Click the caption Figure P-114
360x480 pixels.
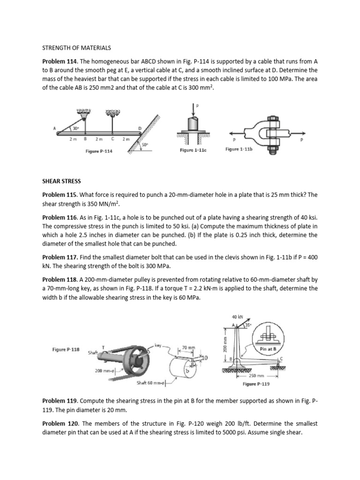point(98,151)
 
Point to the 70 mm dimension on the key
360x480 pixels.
point(187,348)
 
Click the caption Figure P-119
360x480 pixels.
point(255,384)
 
